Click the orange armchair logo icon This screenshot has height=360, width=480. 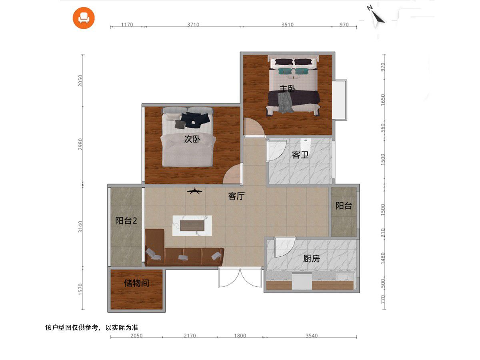(84, 18)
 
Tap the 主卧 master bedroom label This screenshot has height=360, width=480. (287, 89)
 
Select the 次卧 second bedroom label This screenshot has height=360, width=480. (192, 139)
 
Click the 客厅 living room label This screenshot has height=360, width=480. (236, 196)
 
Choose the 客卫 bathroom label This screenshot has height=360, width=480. (300, 155)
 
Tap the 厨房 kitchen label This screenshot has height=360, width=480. (311, 259)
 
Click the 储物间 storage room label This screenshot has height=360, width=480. (137, 283)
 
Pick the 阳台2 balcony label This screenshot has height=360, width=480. (126, 221)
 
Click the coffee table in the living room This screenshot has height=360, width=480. (192, 226)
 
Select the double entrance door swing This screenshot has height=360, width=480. (240, 277)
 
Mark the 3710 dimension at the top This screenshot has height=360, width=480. (193, 24)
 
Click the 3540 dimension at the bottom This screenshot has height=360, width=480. (312, 336)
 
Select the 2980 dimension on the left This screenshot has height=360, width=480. (80, 144)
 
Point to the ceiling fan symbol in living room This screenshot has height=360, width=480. (195, 192)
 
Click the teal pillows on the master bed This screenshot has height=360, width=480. (294, 71)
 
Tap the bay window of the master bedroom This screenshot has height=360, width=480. (340, 100)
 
